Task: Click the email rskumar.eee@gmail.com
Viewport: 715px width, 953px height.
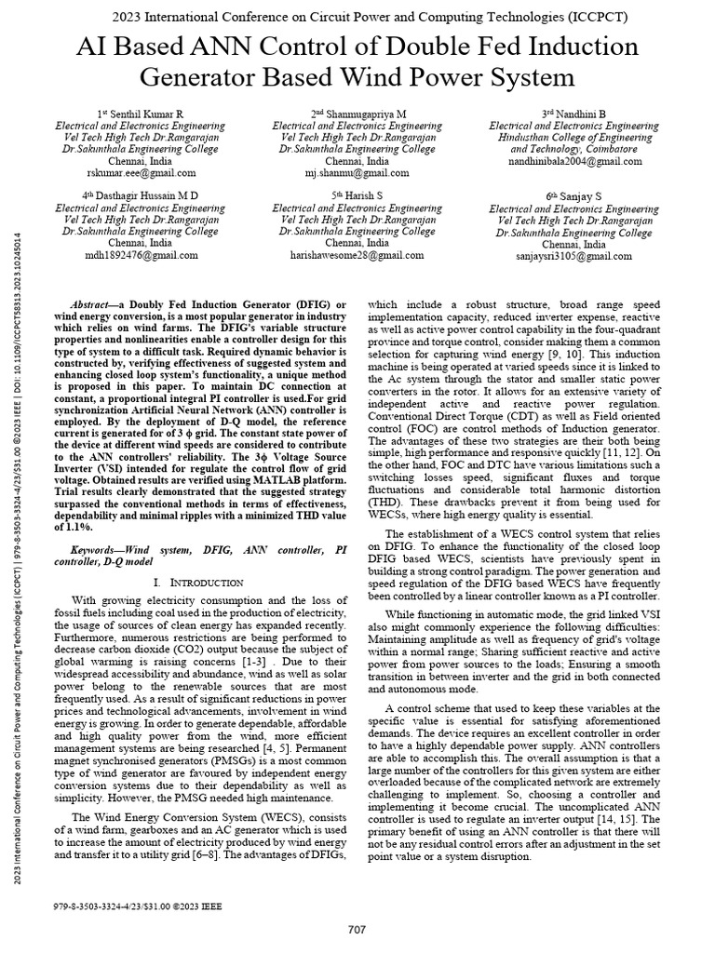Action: (x=141, y=173)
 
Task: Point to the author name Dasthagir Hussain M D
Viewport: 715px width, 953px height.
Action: (x=141, y=195)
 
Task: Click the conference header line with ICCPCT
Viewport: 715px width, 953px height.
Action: (x=357, y=18)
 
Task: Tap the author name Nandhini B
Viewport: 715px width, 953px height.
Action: (x=573, y=113)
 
